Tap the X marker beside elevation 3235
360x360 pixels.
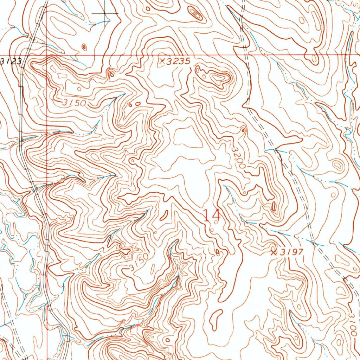(x=162, y=61)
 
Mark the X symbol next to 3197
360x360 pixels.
(x=274, y=252)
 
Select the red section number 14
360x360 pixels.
(x=212, y=215)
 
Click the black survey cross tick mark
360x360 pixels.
(x=105, y=13)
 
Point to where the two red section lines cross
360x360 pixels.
(x=47, y=55)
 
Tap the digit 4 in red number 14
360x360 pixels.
(x=216, y=215)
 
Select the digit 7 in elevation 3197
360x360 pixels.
(x=300, y=252)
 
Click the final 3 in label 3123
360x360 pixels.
(x=19, y=62)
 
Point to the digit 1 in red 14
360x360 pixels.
(x=207, y=215)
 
